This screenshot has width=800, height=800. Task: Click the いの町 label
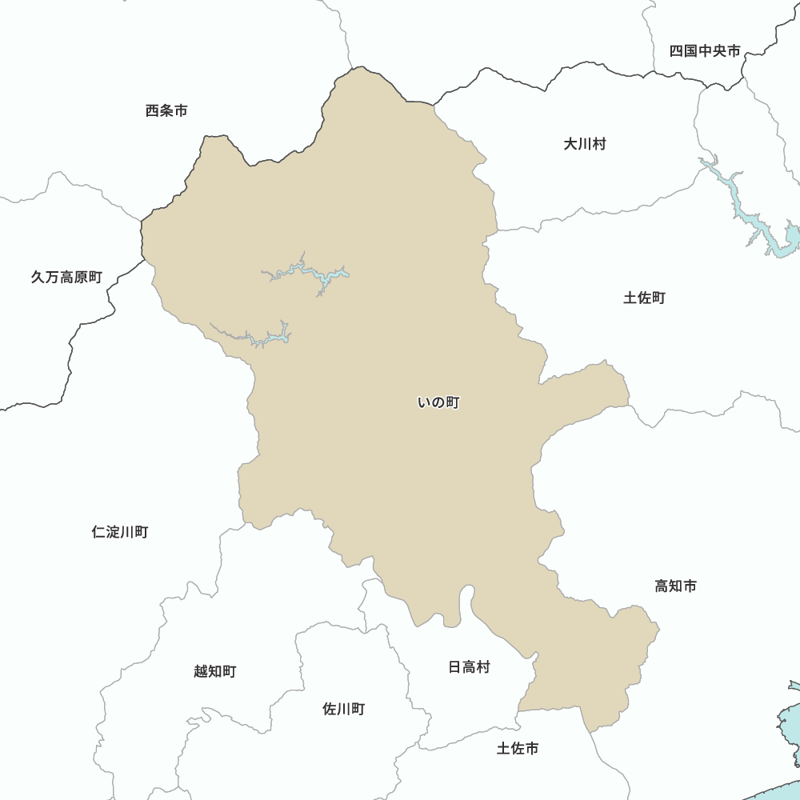[438, 403]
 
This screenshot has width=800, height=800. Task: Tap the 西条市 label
[166, 110]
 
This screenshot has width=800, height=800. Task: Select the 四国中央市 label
[705, 51]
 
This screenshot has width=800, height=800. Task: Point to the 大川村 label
[585, 144]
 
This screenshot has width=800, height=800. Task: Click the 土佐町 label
[644, 298]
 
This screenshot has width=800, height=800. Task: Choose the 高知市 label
[675, 586]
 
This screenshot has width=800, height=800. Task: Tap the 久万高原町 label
[66, 278]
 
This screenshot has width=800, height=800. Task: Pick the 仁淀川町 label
[119, 532]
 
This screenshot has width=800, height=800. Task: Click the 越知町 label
[214, 671]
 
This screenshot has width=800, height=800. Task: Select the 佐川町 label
[343, 709]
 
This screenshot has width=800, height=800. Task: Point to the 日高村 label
[469, 666]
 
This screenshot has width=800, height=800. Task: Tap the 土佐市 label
[518, 748]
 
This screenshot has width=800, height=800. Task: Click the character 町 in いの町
[452, 403]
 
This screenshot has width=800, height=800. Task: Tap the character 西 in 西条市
[153, 110]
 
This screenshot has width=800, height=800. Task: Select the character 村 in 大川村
[599, 144]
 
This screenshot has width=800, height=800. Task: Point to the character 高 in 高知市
[662, 586]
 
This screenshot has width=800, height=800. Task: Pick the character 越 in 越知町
[201, 671]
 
